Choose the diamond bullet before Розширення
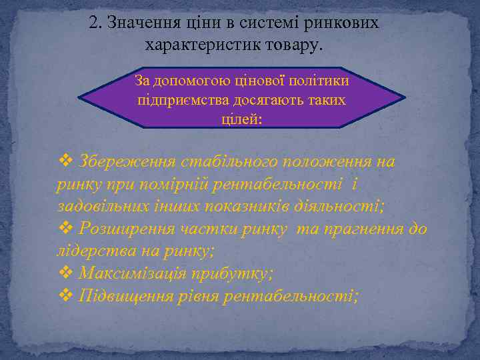[x=65, y=229]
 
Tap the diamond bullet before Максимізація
[x=65, y=273]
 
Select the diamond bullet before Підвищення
[x=65, y=295]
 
